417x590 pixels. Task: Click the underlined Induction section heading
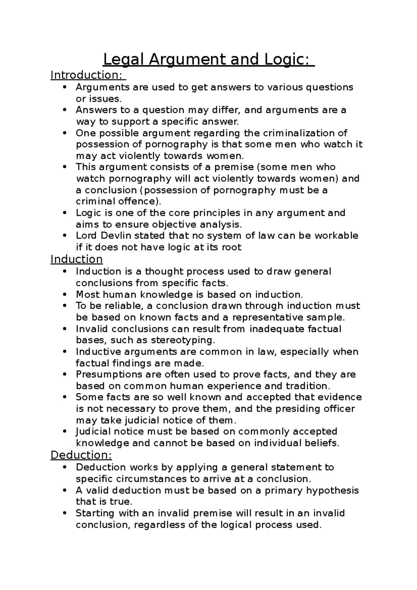coord(76,259)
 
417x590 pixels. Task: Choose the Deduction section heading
coord(81,455)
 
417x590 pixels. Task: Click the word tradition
coord(306,386)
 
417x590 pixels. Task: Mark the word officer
coord(338,409)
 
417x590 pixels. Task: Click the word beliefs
coord(321,443)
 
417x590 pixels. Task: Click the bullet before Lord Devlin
coord(65,236)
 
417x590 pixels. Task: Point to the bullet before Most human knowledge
coord(65,295)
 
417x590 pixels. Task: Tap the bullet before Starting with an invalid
coord(65,513)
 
